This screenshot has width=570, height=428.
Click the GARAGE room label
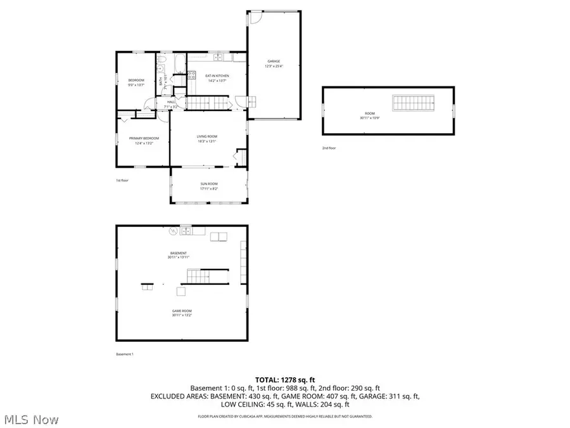(x=273, y=62)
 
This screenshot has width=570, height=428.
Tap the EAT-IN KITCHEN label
(x=217, y=76)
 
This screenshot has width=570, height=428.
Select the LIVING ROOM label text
(x=206, y=136)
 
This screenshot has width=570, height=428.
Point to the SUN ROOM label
(x=208, y=185)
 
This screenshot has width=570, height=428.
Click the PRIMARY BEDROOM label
(x=144, y=138)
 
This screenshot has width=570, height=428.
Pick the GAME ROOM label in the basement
(x=182, y=311)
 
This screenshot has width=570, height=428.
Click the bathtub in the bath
(x=178, y=62)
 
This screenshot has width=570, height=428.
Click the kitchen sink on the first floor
(x=218, y=58)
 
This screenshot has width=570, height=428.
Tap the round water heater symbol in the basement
(x=172, y=232)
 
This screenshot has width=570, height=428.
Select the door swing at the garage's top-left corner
(x=253, y=17)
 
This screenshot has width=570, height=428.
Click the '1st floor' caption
(x=122, y=181)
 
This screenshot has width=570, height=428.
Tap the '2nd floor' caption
(x=329, y=148)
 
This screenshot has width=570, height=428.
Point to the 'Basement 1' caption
(x=125, y=354)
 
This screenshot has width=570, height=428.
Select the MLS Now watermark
(x=31, y=420)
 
